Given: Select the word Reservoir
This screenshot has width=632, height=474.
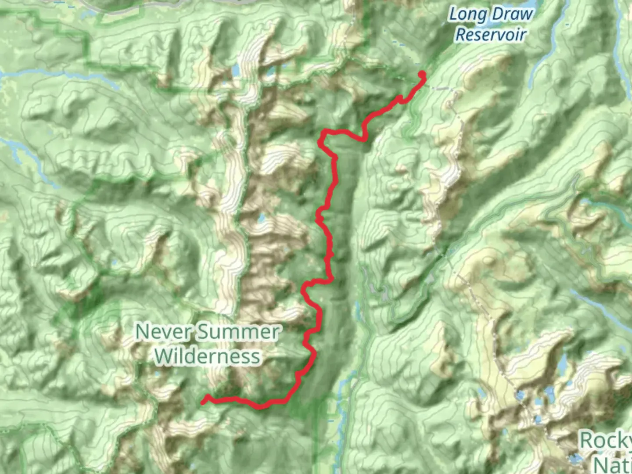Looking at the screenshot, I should point(490,34).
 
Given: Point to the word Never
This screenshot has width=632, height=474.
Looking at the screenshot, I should point(160,332).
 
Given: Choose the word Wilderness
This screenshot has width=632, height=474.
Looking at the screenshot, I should point(208,356).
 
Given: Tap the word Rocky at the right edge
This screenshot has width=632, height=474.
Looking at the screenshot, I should point(606,440).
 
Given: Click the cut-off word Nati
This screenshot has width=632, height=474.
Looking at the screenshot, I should point(613,463).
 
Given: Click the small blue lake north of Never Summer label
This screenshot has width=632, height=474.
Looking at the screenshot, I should point(262,218).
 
